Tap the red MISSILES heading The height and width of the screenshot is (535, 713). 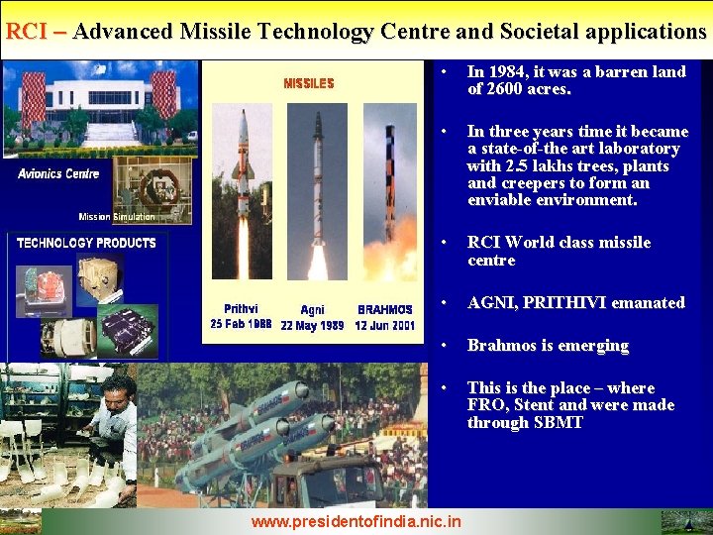(309, 83)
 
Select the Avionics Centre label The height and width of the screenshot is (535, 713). (58, 173)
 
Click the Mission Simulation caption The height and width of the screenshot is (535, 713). (117, 217)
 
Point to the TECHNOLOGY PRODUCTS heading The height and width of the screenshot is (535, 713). (86, 243)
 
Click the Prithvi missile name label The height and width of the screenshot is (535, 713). (241, 309)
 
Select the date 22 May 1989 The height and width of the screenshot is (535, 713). (313, 325)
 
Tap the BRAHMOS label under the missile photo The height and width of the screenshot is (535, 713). (385, 310)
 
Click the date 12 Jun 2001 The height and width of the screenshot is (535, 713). (385, 325)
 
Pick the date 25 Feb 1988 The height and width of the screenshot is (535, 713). (241, 324)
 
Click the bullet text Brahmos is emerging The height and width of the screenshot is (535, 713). (548, 345)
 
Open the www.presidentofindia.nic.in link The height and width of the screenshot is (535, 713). (356, 520)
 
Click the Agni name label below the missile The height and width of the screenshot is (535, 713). (313, 310)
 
